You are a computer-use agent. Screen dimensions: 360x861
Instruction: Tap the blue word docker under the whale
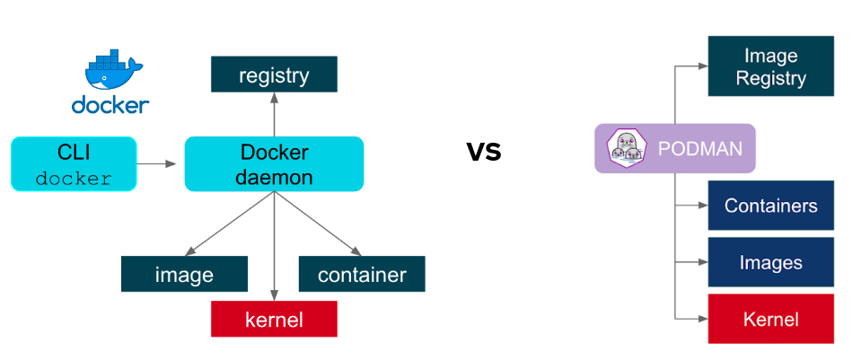click(x=110, y=106)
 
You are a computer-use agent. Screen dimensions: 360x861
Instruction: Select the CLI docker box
click(x=74, y=164)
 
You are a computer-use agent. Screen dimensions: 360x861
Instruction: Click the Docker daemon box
click(x=274, y=164)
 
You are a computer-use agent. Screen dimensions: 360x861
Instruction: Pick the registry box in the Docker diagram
click(x=274, y=75)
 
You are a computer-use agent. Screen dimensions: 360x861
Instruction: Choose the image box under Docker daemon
click(x=184, y=274)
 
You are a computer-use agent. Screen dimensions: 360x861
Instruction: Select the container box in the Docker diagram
click(x=362, y=274)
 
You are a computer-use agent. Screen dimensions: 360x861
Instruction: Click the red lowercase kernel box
click(x=274, y=319)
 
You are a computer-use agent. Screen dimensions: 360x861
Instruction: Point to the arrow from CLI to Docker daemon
click(x=158, y=164)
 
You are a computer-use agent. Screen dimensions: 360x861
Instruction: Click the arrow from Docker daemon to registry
click(x=274, y=115)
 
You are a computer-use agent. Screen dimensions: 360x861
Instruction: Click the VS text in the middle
click(x=484, y=151)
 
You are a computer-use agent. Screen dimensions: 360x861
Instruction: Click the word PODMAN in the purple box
click(x=695, y=148)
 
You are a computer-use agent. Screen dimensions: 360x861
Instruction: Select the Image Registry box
click(x=771, y=66)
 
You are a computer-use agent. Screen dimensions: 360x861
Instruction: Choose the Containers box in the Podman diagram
click(x=771, y=206)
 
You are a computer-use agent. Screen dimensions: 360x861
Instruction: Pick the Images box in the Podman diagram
click(x=771, y=262)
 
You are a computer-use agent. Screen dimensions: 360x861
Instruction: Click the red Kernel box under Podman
click(x=771, y=319)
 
